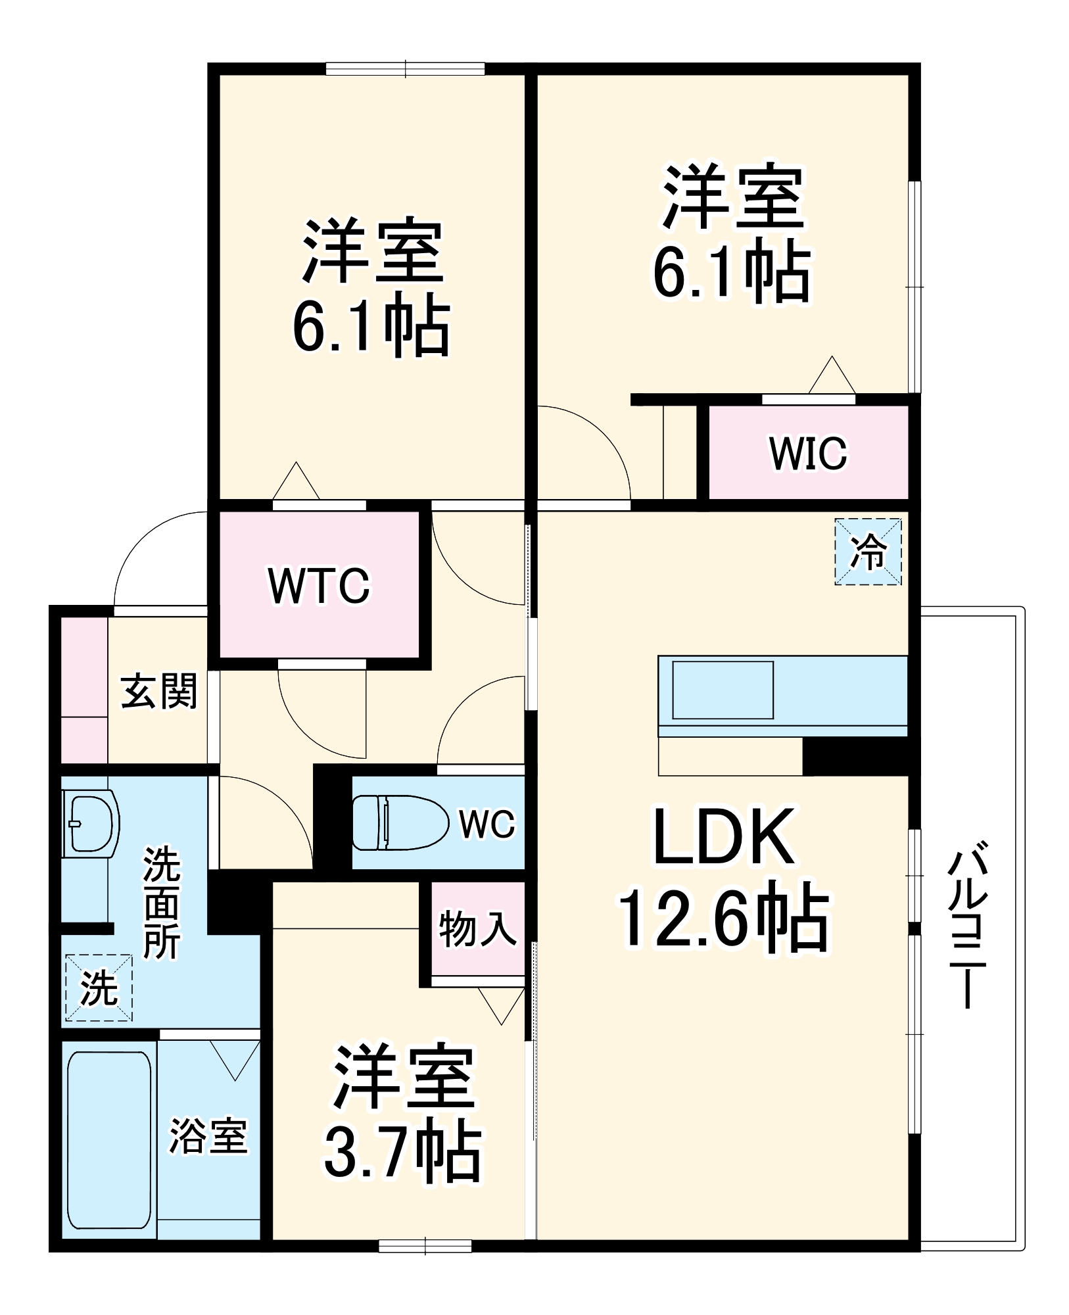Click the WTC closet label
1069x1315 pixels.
tap(320, 586)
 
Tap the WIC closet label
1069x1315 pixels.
tap(808, 453)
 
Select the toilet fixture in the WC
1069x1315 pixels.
tap(398, 822)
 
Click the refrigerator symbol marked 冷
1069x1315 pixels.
tap(868, 552)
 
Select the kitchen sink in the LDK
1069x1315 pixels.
tap(723, 690)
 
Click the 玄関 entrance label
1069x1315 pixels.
tap(159, 691)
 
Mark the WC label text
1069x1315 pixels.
tap(487, 824)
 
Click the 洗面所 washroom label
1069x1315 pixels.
tap(162, 903)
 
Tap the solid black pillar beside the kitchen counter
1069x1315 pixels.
tap(855, 756)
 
